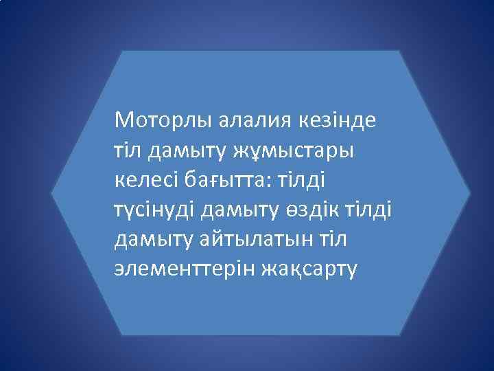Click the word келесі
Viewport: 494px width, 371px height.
point(145,180)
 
